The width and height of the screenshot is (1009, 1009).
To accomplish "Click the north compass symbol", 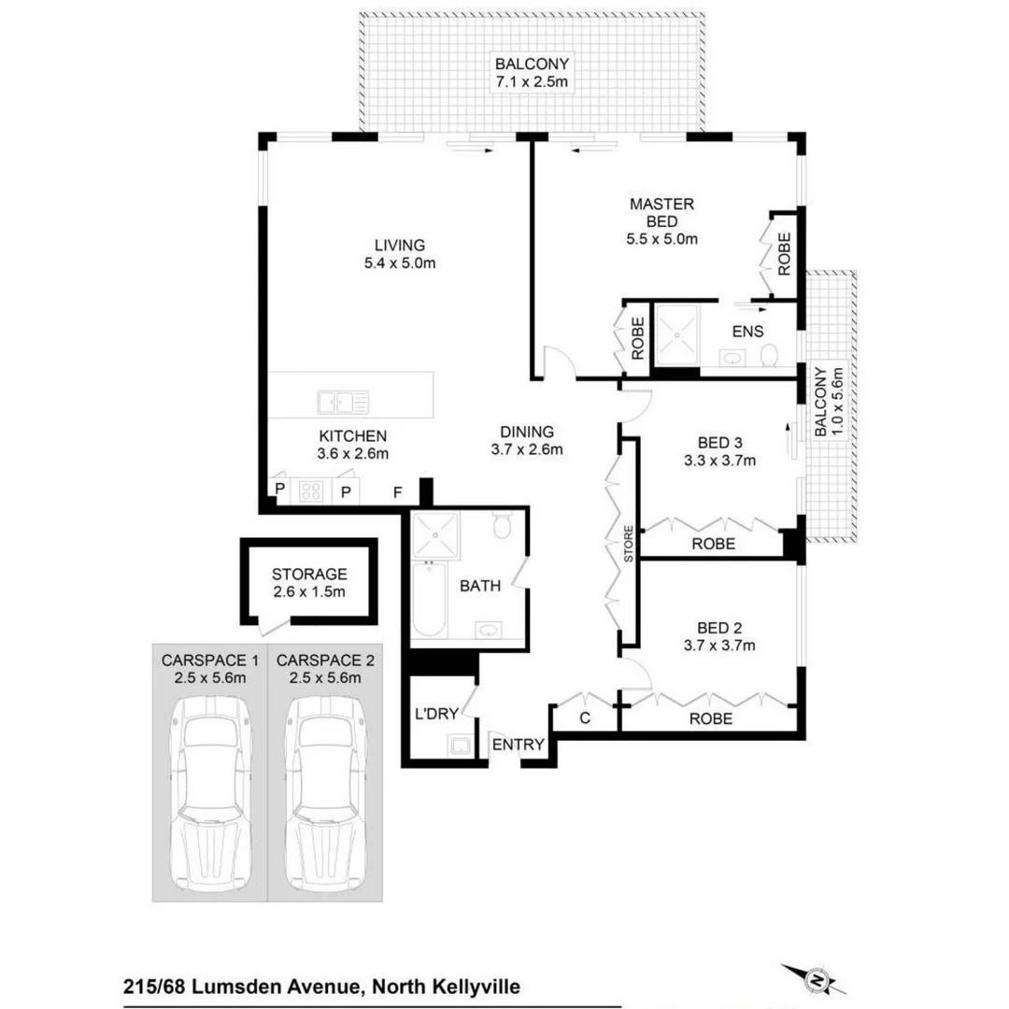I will click(x=818, y=980).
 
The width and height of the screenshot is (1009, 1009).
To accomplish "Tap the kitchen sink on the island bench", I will click(x=342, y=402).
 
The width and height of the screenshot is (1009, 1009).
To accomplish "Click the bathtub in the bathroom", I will click(x=429, y=599).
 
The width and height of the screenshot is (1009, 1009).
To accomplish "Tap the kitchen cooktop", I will click(x=309, y=490).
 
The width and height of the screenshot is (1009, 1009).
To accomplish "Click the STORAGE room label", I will click(x=309, y=575).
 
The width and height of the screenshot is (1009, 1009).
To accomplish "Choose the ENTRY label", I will click(x=517, y=744).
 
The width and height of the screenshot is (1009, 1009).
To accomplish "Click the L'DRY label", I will click(x=436, y=714).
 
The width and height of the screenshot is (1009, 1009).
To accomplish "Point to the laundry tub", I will click(x=460, y=746).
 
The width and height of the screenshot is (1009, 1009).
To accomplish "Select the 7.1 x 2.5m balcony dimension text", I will click(x=533, y=82).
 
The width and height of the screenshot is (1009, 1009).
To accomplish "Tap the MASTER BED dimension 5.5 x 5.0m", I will click(x=661, y=238).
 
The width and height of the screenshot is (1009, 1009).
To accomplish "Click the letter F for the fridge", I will click(x=397, y=491).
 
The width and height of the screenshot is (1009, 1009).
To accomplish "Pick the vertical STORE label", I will click(x=629, y=545).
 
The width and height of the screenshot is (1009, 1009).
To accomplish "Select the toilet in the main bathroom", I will click(x=502, y=528).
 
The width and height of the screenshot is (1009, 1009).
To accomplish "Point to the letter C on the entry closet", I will click(x=585, y=718).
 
